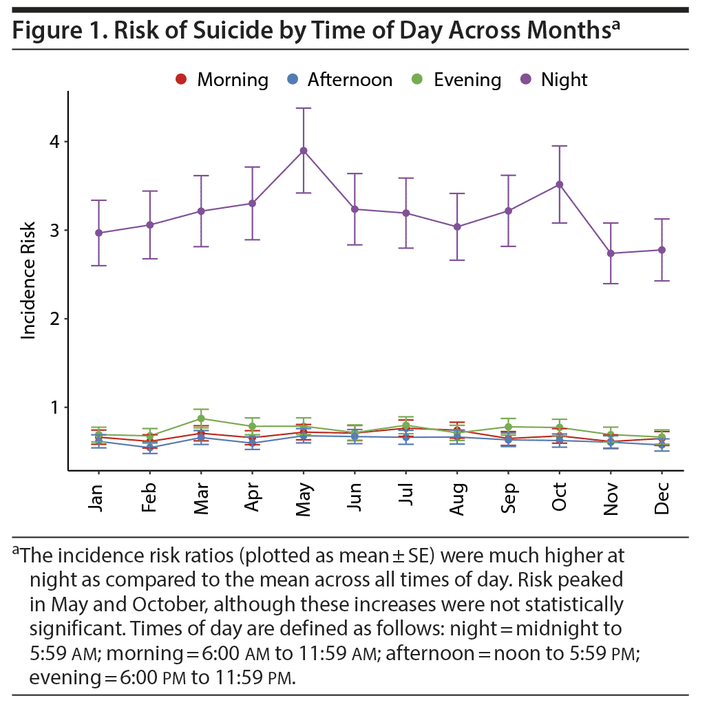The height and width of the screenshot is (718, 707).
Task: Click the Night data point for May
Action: tap(303, 151)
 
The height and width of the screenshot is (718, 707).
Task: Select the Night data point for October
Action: tap(560, 184)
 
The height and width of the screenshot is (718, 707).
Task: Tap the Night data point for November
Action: tap(611, 253)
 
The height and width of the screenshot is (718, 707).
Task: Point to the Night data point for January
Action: tap(98, 233)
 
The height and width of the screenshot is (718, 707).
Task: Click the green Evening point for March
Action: tap(201, 419)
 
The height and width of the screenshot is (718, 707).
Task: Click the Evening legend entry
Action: tap(458, 80)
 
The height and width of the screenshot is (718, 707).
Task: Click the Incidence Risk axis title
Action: tap(29, 279)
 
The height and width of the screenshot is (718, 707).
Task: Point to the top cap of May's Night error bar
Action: tap(303, 108)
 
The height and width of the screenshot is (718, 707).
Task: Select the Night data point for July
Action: tap(406, 213)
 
